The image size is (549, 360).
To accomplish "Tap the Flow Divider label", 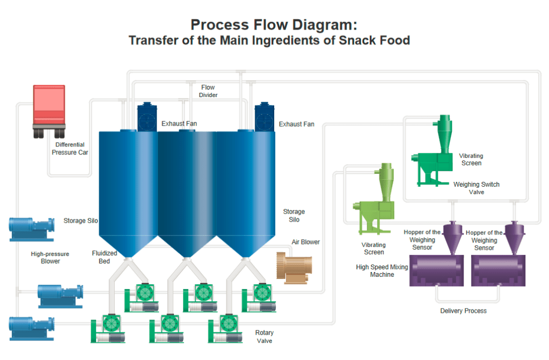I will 208,91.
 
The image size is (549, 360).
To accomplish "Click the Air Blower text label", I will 306,242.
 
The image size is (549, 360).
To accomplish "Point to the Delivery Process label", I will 463,311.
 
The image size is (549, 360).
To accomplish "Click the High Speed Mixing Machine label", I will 382,270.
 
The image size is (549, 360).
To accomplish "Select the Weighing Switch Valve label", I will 476,188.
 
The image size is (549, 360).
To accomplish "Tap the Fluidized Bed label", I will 104,257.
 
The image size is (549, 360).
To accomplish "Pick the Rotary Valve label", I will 265,336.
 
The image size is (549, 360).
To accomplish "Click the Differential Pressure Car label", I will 70,149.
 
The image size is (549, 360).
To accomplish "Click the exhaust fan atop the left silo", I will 147,117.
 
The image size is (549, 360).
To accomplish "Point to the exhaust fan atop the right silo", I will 264,117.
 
